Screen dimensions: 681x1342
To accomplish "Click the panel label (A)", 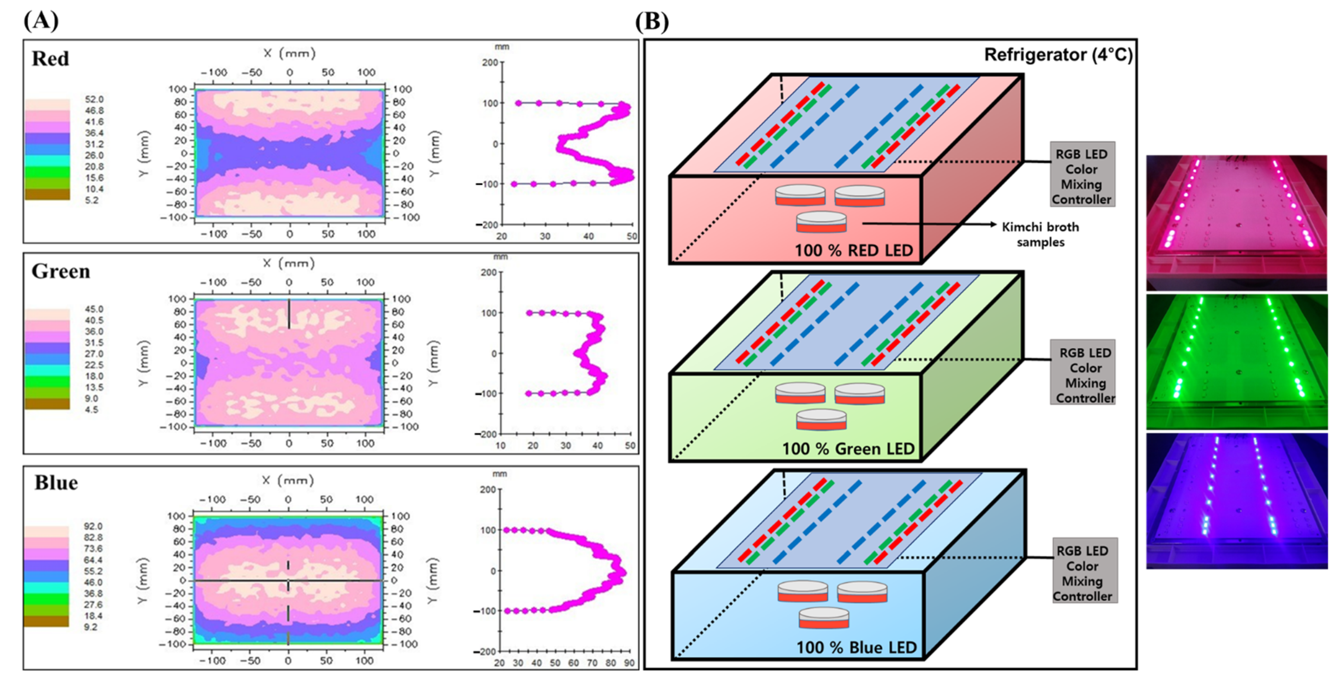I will (41, 21).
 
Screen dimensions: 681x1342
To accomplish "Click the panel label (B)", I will (652, 21).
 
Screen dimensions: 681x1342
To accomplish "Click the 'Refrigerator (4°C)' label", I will (1058, 55).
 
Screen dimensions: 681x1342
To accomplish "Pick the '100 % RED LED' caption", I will (853, 250).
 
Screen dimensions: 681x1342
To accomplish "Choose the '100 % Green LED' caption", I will (848, 449).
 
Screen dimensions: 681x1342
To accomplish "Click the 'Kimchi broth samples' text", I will (1040, 234).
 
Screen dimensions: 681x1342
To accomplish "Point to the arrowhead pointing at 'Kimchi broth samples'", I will (992, 224).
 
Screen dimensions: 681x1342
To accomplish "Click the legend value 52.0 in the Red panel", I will (94, 99).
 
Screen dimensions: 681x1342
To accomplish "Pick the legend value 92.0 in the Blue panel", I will (93, 526).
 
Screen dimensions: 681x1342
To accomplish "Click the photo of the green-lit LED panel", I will (1236, 361).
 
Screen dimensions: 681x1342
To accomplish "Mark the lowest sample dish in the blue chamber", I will (824, 618).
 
